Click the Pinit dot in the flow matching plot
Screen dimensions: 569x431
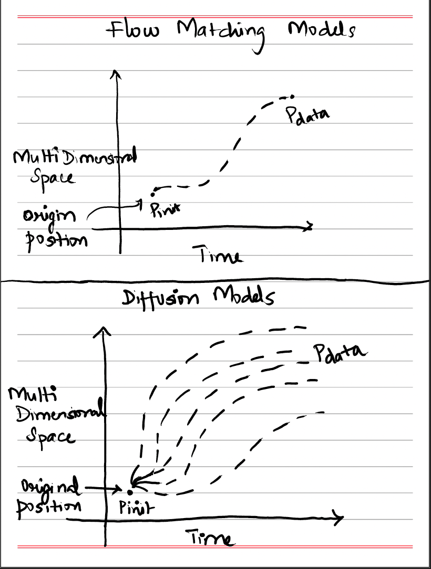pyautogui.click(x=154, y=189)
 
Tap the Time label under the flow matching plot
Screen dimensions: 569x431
pyautogui.click(x=220, y=256)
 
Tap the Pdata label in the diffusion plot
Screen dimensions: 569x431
pyautogui.click(x=340, y=352)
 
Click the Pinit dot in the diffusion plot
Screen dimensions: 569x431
pyautogui.click(x=129, y=491)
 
